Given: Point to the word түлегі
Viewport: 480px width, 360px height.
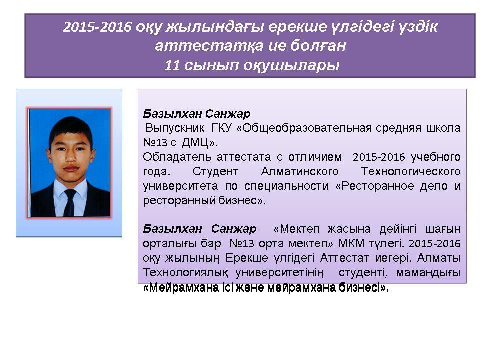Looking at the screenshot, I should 387,244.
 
